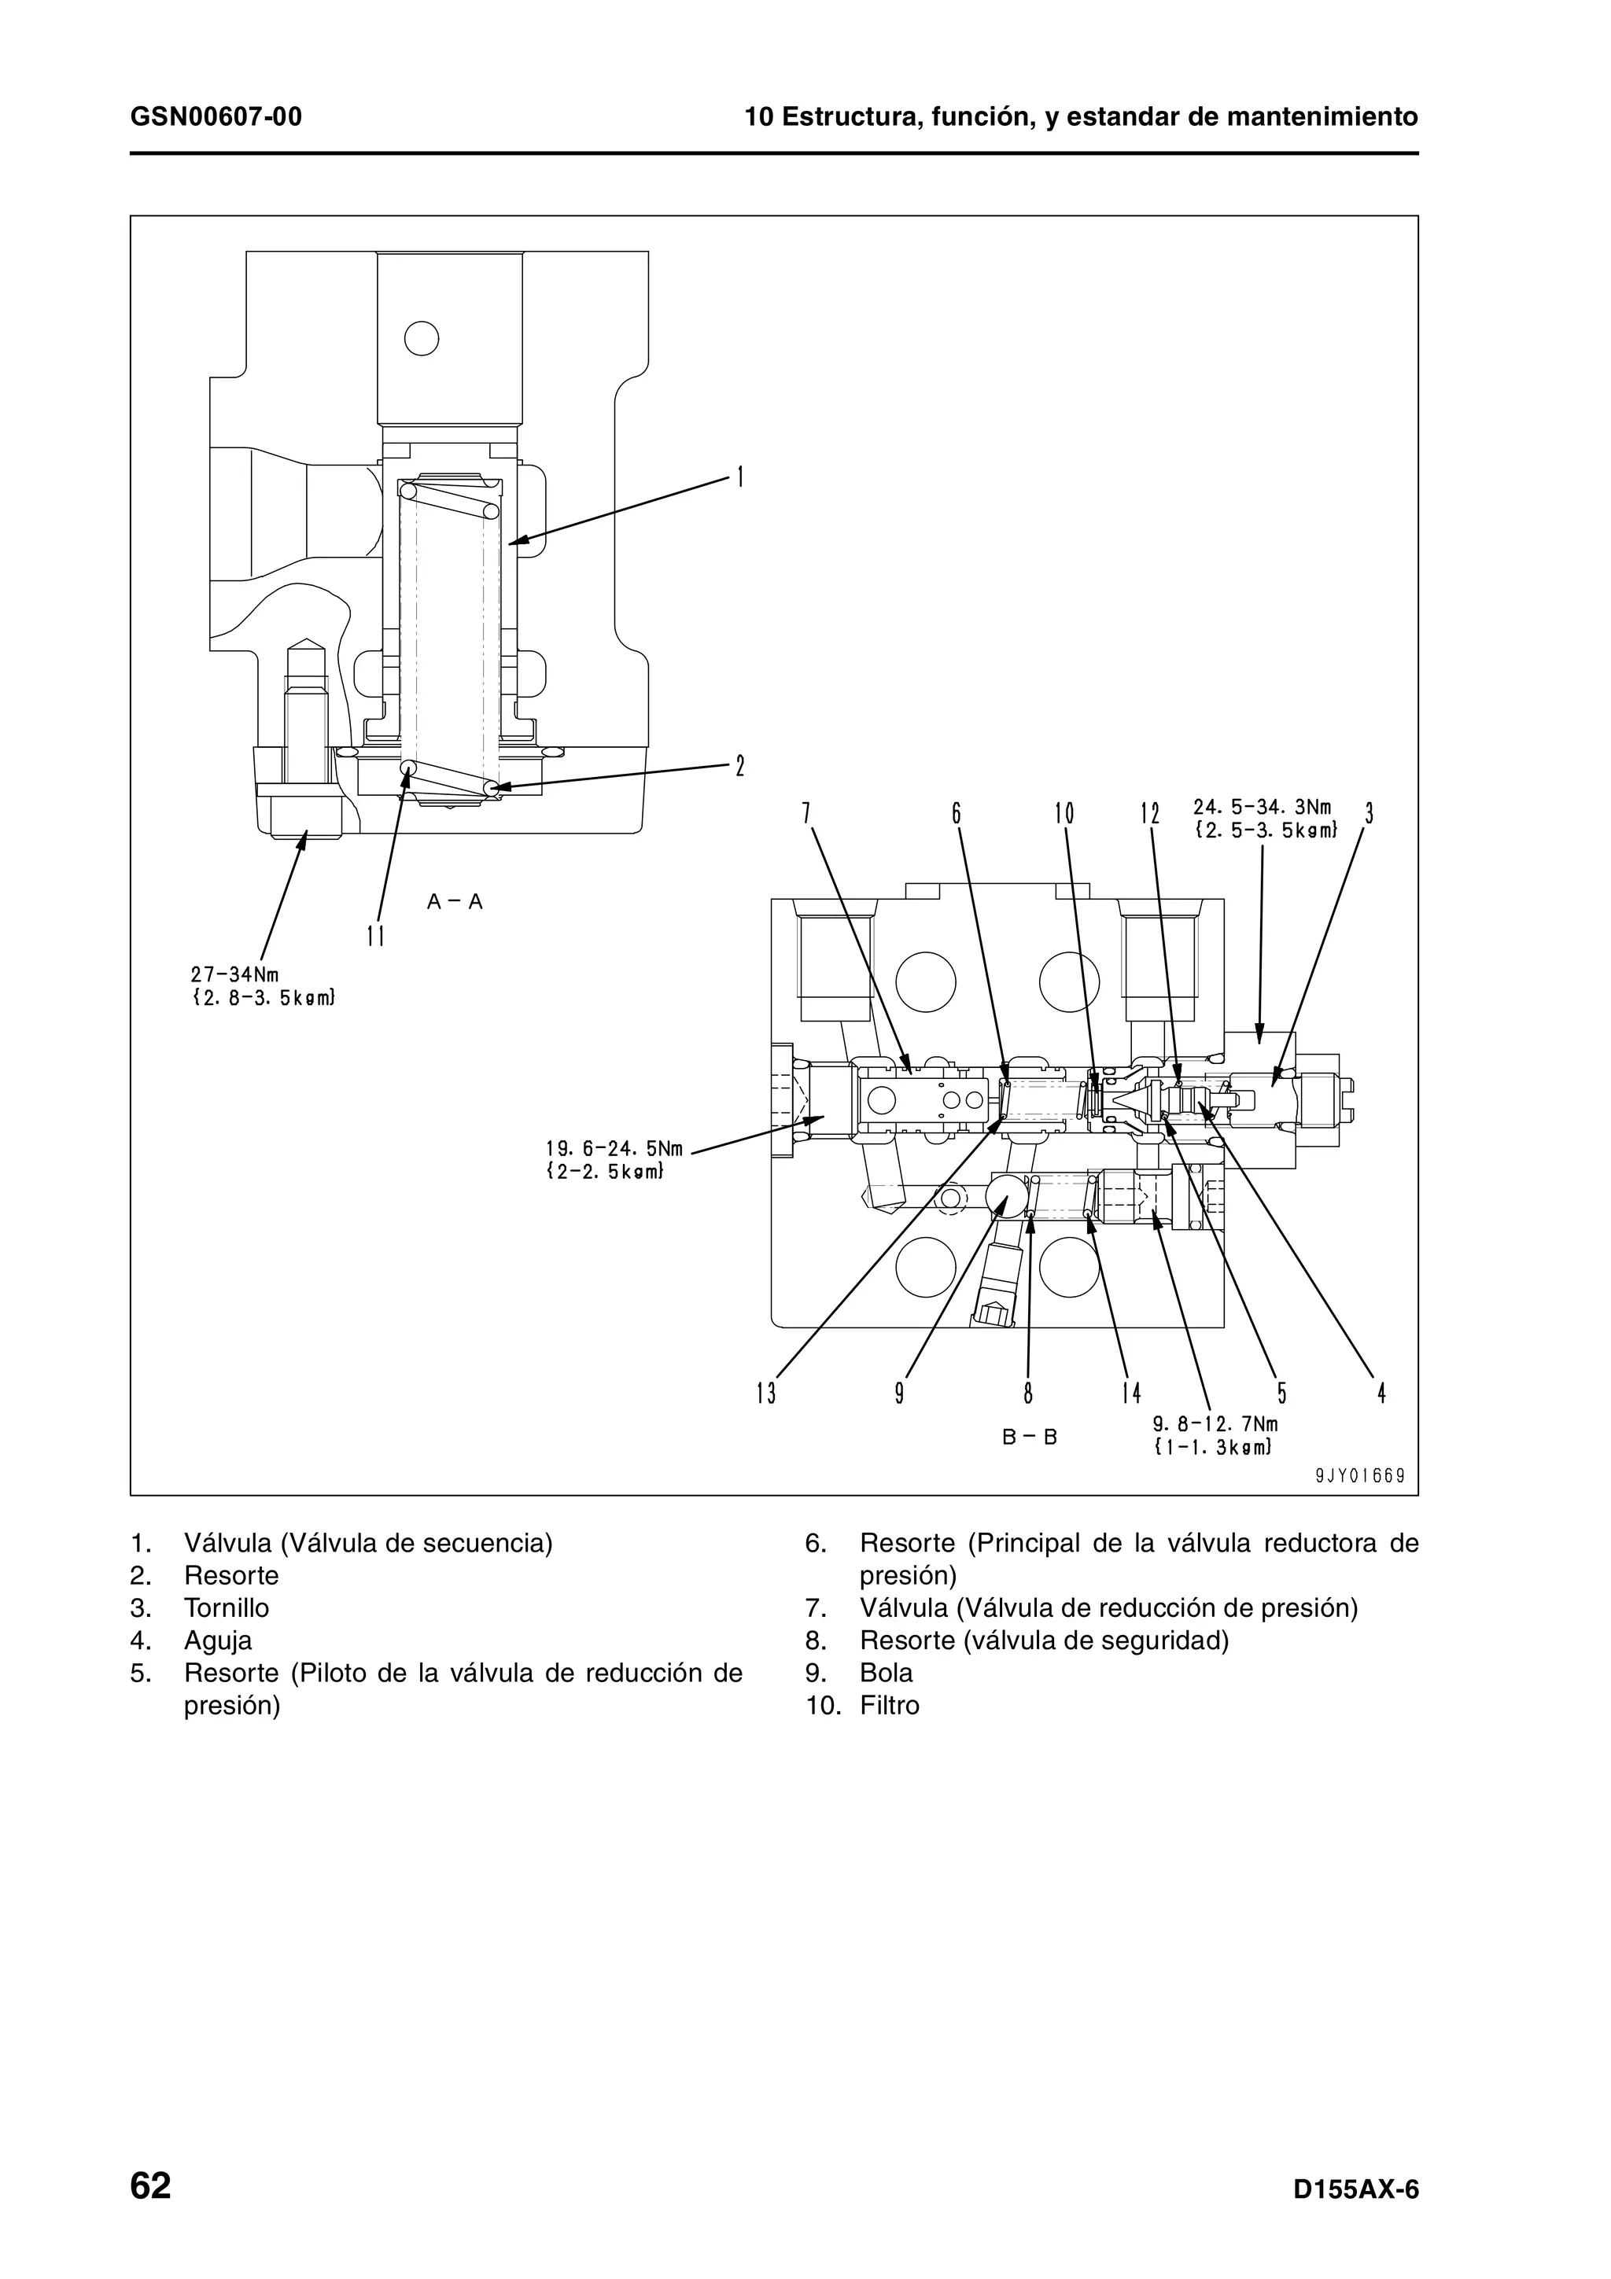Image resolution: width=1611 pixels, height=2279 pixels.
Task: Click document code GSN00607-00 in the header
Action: [x=216, y=118]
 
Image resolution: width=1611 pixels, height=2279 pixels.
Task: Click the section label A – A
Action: [x=455, y=901]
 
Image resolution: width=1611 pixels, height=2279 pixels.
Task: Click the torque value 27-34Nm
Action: [x=234, y=974]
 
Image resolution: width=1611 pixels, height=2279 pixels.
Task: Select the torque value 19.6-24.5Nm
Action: [x=614, y=1148]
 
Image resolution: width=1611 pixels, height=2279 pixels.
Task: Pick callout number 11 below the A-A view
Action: [x=375, y=935]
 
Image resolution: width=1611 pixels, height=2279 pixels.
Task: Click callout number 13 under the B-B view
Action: [x=766, y=1394]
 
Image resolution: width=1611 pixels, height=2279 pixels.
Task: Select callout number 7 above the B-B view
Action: [x=807, y=814]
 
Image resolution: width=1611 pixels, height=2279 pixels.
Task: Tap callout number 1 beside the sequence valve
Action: [x=739, y=477]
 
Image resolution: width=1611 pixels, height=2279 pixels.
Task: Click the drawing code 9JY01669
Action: [x=1360, y=1475]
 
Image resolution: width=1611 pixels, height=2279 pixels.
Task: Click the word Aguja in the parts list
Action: [x=219, y=1640]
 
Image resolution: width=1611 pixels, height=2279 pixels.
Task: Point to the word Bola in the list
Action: [x=887, y=1673]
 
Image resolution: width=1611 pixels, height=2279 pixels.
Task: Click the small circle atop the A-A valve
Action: [x=422, y=340]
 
